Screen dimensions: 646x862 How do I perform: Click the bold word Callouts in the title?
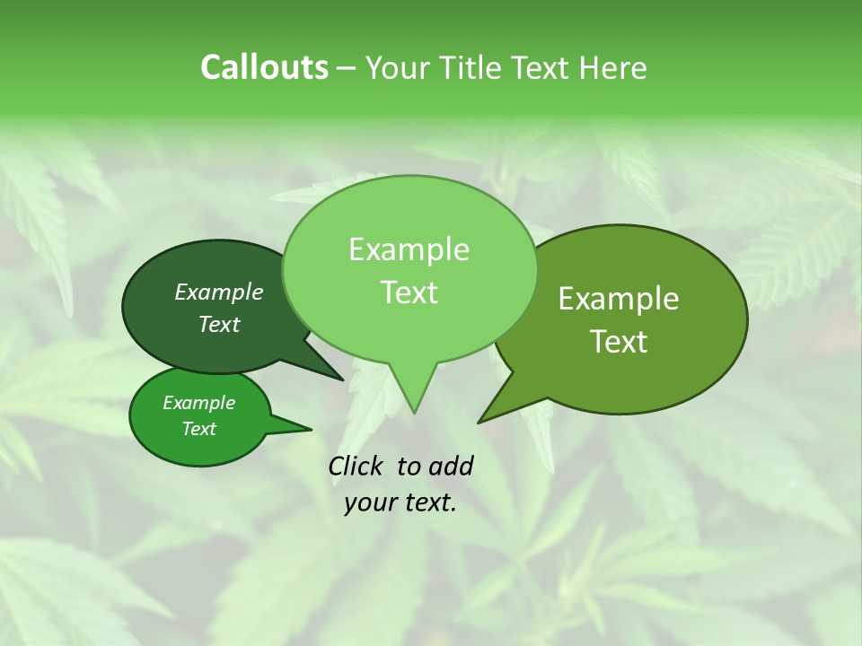point(264,67)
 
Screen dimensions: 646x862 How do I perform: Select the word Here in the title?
point(613,67)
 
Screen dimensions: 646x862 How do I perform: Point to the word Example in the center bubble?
point(409,249)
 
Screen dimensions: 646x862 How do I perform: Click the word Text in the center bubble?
point(409,292)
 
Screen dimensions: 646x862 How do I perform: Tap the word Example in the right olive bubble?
point(619,299)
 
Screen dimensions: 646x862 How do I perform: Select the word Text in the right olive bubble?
point(619,342)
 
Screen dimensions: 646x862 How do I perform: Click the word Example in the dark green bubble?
point(219,292)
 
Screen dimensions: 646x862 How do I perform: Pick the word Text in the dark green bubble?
point(219,324)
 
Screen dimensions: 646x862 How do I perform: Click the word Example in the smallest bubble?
point(198,403)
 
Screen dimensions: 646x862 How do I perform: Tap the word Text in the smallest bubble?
point(198,429)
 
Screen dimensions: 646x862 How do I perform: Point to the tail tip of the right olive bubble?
point(479,422)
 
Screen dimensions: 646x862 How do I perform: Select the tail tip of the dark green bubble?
point(342,380)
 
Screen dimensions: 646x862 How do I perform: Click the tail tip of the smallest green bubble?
point(311,429)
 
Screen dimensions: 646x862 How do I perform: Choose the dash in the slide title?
point(347,67)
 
